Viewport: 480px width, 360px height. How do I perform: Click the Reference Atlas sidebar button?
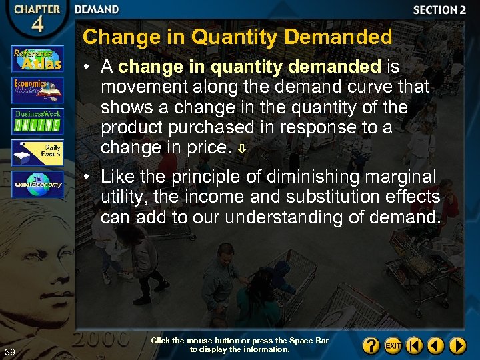pyautogui.click(x=37, y=59)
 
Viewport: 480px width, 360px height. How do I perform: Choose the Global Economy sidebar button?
pyautogui.click(x=37, y=184)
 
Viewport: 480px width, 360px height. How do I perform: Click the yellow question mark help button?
pyautogui.click(x=372, y=345)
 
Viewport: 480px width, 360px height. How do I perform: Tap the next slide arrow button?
pyautogui.click(x=457, y=345)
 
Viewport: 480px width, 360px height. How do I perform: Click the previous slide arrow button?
pyautogui.click(x=436, y=345)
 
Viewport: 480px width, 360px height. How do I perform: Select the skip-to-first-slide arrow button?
pyautogui.click(x=415, y=345)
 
